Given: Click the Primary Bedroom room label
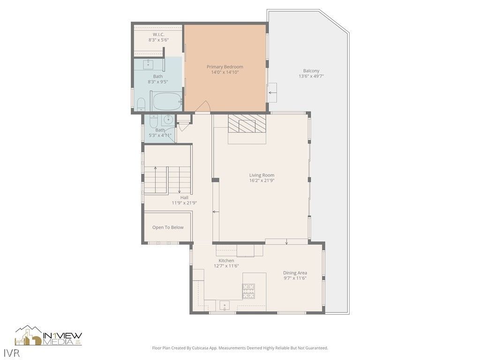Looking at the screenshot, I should coord(225,67).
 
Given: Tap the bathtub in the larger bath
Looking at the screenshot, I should coord(167,101).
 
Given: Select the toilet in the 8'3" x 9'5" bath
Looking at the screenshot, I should coord(141,105).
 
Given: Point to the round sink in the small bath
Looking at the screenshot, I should coord(168,120).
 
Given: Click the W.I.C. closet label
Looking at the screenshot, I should coord(158,35).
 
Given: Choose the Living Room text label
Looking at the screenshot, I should coord(262,175).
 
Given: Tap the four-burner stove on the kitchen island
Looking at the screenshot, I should coord(248,291).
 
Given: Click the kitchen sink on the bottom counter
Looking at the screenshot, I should coord(225,306).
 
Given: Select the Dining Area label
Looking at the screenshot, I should coord(295,273).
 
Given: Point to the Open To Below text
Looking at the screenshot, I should coord(168,227).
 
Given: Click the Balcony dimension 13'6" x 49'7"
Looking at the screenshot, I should coord(311,76).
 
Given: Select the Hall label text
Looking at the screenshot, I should coord(184,197).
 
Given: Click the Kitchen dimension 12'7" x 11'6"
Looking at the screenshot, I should coord(226,266).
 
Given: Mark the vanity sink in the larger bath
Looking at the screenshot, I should coord(149,64).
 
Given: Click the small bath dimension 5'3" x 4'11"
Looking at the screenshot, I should coord(160,135).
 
